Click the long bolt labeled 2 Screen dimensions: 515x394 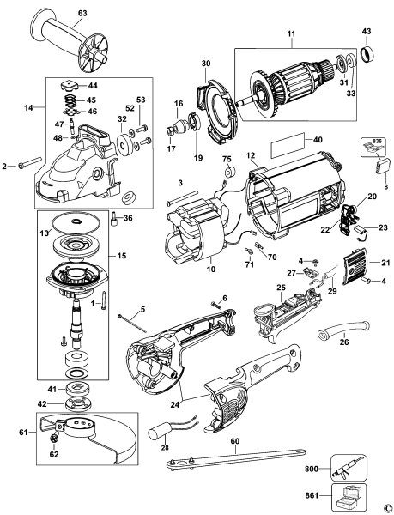(x=26, y=161)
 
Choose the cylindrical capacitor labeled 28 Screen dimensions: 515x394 (x=166, y=427)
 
